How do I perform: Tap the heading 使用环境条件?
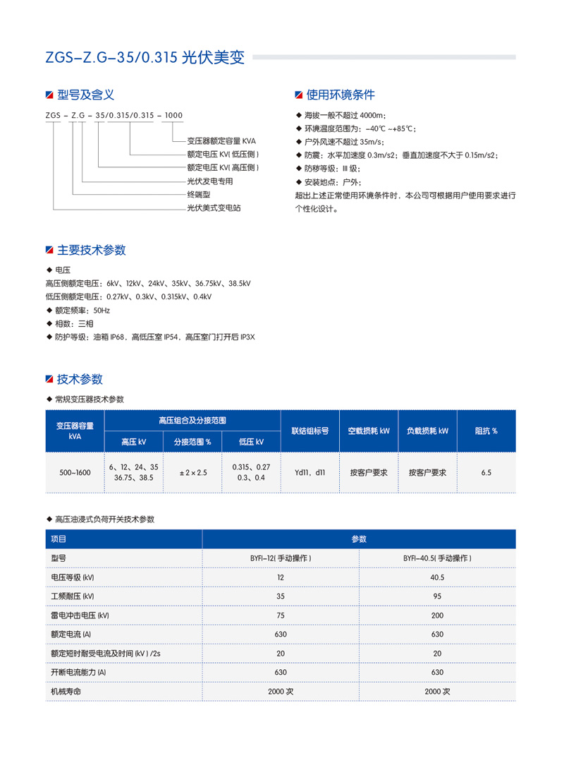(341, 95)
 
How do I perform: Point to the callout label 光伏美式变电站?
(214, 208)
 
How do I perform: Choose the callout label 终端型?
(199, 195)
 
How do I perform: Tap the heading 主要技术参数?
(91, 250)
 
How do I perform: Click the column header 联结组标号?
(309, 431)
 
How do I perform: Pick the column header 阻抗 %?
(486, 431)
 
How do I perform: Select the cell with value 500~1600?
(75, 472)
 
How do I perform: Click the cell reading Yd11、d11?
(309, 472)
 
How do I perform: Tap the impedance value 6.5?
(486, 472)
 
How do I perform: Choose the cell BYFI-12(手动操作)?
(281, 558)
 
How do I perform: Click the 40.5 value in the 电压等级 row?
(437, 577)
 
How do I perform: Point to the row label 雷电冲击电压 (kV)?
(80, 616)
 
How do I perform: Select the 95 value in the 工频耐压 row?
(437, 596)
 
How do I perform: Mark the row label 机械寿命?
(66, 692)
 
